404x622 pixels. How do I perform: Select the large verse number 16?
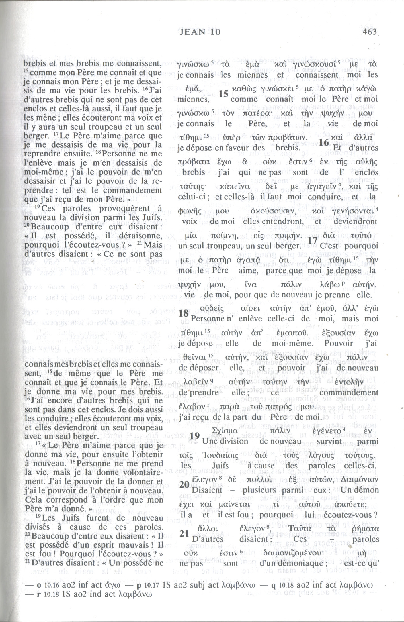[324, 143]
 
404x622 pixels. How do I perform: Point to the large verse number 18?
[184, 314]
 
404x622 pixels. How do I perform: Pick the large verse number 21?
[184, 533]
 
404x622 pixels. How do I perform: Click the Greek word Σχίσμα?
[226, 431]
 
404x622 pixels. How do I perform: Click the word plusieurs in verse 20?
[259, 490]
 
